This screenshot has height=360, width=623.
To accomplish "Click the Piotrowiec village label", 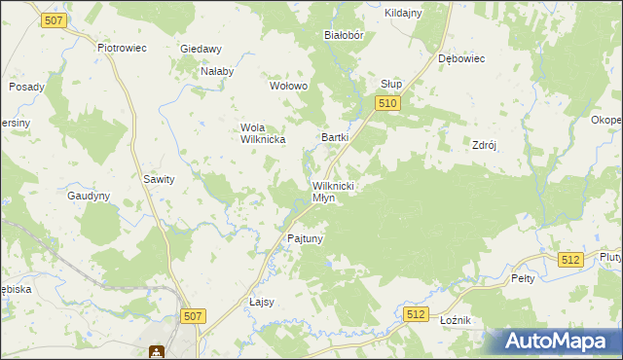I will pos(121,46).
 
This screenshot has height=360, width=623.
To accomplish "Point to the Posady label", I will pos(26,87).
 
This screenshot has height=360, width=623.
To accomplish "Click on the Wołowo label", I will pos(288,86).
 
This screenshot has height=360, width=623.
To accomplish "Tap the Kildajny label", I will pos(403,13).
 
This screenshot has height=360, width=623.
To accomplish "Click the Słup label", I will pos(391,84).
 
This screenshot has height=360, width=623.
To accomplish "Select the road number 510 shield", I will pos(387,102).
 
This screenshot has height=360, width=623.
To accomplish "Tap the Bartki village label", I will pos(335,138).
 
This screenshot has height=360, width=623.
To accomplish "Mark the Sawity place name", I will pos(159,179).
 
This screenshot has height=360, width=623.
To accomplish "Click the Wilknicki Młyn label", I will pos(337,191).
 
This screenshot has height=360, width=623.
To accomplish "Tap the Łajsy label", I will pos(262,302).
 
